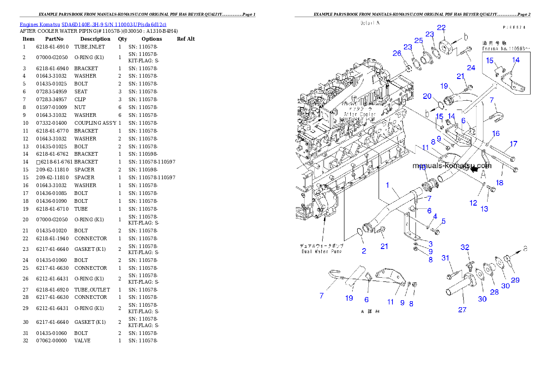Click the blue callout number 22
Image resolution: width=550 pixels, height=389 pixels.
[x=441, y=28]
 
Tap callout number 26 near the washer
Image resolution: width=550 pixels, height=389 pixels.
[x=397, y=54]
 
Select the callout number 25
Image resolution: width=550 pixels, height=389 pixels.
[x=419, y=41]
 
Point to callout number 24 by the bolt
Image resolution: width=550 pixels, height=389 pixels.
[x=471, y=67]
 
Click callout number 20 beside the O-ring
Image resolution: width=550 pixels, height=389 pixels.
[x=428, y=96]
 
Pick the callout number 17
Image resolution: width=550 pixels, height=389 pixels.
[x=513, y=144]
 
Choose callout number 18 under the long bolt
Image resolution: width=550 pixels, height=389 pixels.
[x=500, y=182]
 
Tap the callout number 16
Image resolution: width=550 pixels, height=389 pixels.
[x=495, y=134]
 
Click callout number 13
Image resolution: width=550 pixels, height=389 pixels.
[x=484, y=209]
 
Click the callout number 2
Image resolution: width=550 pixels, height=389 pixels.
[x=364, y=251]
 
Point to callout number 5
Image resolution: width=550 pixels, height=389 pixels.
[x=443, y=221]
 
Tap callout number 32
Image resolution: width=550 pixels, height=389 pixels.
[x=465, y=248]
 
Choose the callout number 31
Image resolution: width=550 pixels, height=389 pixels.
[x=446, y=258]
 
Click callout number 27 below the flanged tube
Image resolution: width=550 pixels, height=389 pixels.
[x=462, y=310]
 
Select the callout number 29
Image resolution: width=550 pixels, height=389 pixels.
[x=515, y=280]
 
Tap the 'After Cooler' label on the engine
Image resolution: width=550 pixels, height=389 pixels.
[x=360, y=114]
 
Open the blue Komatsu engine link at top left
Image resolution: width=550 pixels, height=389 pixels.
[x=93, y=24]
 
